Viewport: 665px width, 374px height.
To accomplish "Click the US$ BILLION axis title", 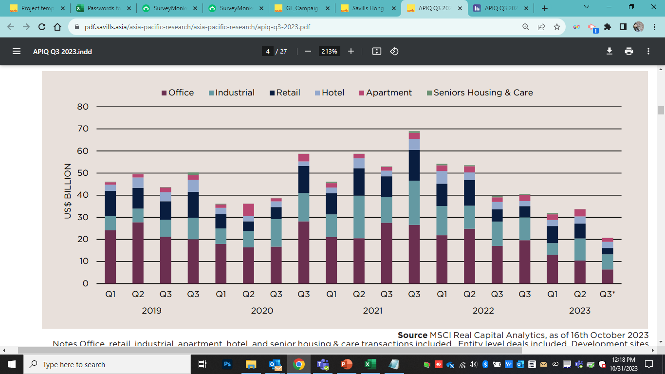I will coord(68,191).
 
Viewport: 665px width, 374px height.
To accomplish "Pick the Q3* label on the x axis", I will coord(607,294).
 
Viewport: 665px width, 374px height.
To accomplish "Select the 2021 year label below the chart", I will coord(372,311).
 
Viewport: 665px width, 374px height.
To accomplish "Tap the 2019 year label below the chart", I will coord(151,311).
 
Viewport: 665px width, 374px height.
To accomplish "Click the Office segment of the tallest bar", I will coord(414,254).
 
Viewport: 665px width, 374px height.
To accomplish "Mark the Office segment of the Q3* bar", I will coord(607,277).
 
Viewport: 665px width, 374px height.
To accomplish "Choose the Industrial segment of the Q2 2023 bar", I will coord(580,249).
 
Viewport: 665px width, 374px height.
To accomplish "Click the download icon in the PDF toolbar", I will coord(609,51).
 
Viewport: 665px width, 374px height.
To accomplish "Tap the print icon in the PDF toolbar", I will coord(629,51).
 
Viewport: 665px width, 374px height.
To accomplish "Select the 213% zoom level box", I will coord(329,51).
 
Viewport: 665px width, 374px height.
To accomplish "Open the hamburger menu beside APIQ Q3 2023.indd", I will coord(17,51).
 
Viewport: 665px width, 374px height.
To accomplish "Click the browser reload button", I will coord(42,27).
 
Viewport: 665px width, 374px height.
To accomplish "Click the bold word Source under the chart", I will coord(412,335).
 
